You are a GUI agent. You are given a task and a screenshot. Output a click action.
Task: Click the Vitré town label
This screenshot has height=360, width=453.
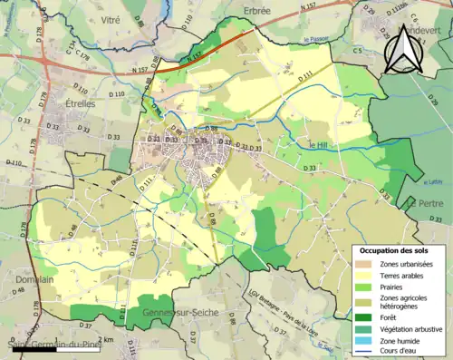point(110,19)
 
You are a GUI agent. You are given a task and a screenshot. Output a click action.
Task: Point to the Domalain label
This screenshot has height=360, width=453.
point(34,280)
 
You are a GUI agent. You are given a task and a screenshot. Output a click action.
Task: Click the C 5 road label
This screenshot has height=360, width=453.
point(357,52)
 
